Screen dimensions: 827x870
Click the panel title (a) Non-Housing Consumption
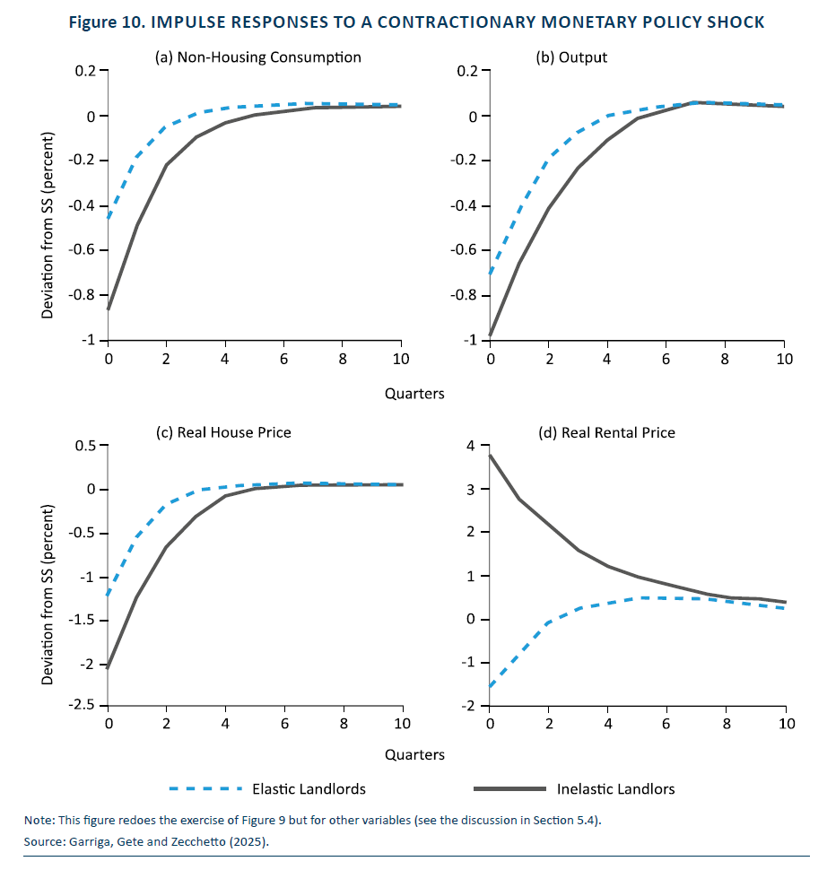258,57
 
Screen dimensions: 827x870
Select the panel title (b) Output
571,57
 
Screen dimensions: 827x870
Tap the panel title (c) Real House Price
223,433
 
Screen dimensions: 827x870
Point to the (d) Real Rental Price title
606,433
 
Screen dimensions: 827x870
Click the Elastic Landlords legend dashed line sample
206,788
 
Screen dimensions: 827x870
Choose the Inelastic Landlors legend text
616,789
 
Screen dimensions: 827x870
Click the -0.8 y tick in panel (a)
82,294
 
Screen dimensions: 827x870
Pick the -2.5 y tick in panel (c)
82,705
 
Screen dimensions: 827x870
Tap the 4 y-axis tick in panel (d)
471,446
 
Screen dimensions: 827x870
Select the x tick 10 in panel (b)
784,360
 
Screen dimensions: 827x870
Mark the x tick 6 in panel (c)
284,724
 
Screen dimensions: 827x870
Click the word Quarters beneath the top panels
414,394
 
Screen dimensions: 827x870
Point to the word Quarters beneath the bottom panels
414,754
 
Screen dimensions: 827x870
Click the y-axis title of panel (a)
48,225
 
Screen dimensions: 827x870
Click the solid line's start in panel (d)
490,456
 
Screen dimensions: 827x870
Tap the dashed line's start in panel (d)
490,686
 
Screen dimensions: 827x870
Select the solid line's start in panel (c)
108,668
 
